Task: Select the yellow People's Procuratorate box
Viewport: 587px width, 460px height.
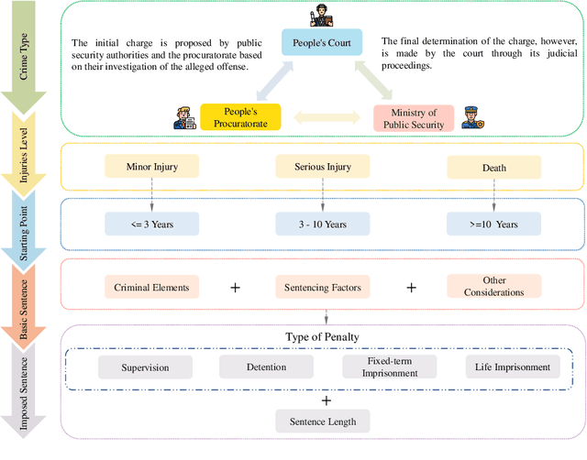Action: tap(239, 117)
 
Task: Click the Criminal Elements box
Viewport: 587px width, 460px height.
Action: tap(151, 288)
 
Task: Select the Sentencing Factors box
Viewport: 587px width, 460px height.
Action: tap(322, 288)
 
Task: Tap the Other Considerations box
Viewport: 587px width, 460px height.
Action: tap(493, 287)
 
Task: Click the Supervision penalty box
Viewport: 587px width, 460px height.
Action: tap(146, 367)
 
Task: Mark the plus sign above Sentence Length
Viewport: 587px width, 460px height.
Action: tap(326, 400)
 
